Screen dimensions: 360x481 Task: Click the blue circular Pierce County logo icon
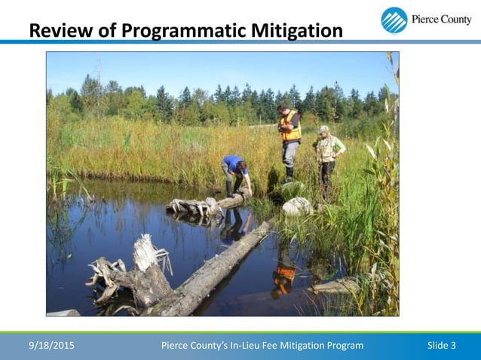tap(394, 20)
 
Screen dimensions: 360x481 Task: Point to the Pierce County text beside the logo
tap(441, 20)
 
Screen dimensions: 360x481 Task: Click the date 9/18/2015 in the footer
tap(51, 346)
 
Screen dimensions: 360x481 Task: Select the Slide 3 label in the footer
tap(441, 346)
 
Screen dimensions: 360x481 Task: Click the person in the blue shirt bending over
tap(235, 172)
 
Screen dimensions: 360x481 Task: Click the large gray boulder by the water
tap(297, 206)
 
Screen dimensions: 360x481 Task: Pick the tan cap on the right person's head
tap(324, 129)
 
